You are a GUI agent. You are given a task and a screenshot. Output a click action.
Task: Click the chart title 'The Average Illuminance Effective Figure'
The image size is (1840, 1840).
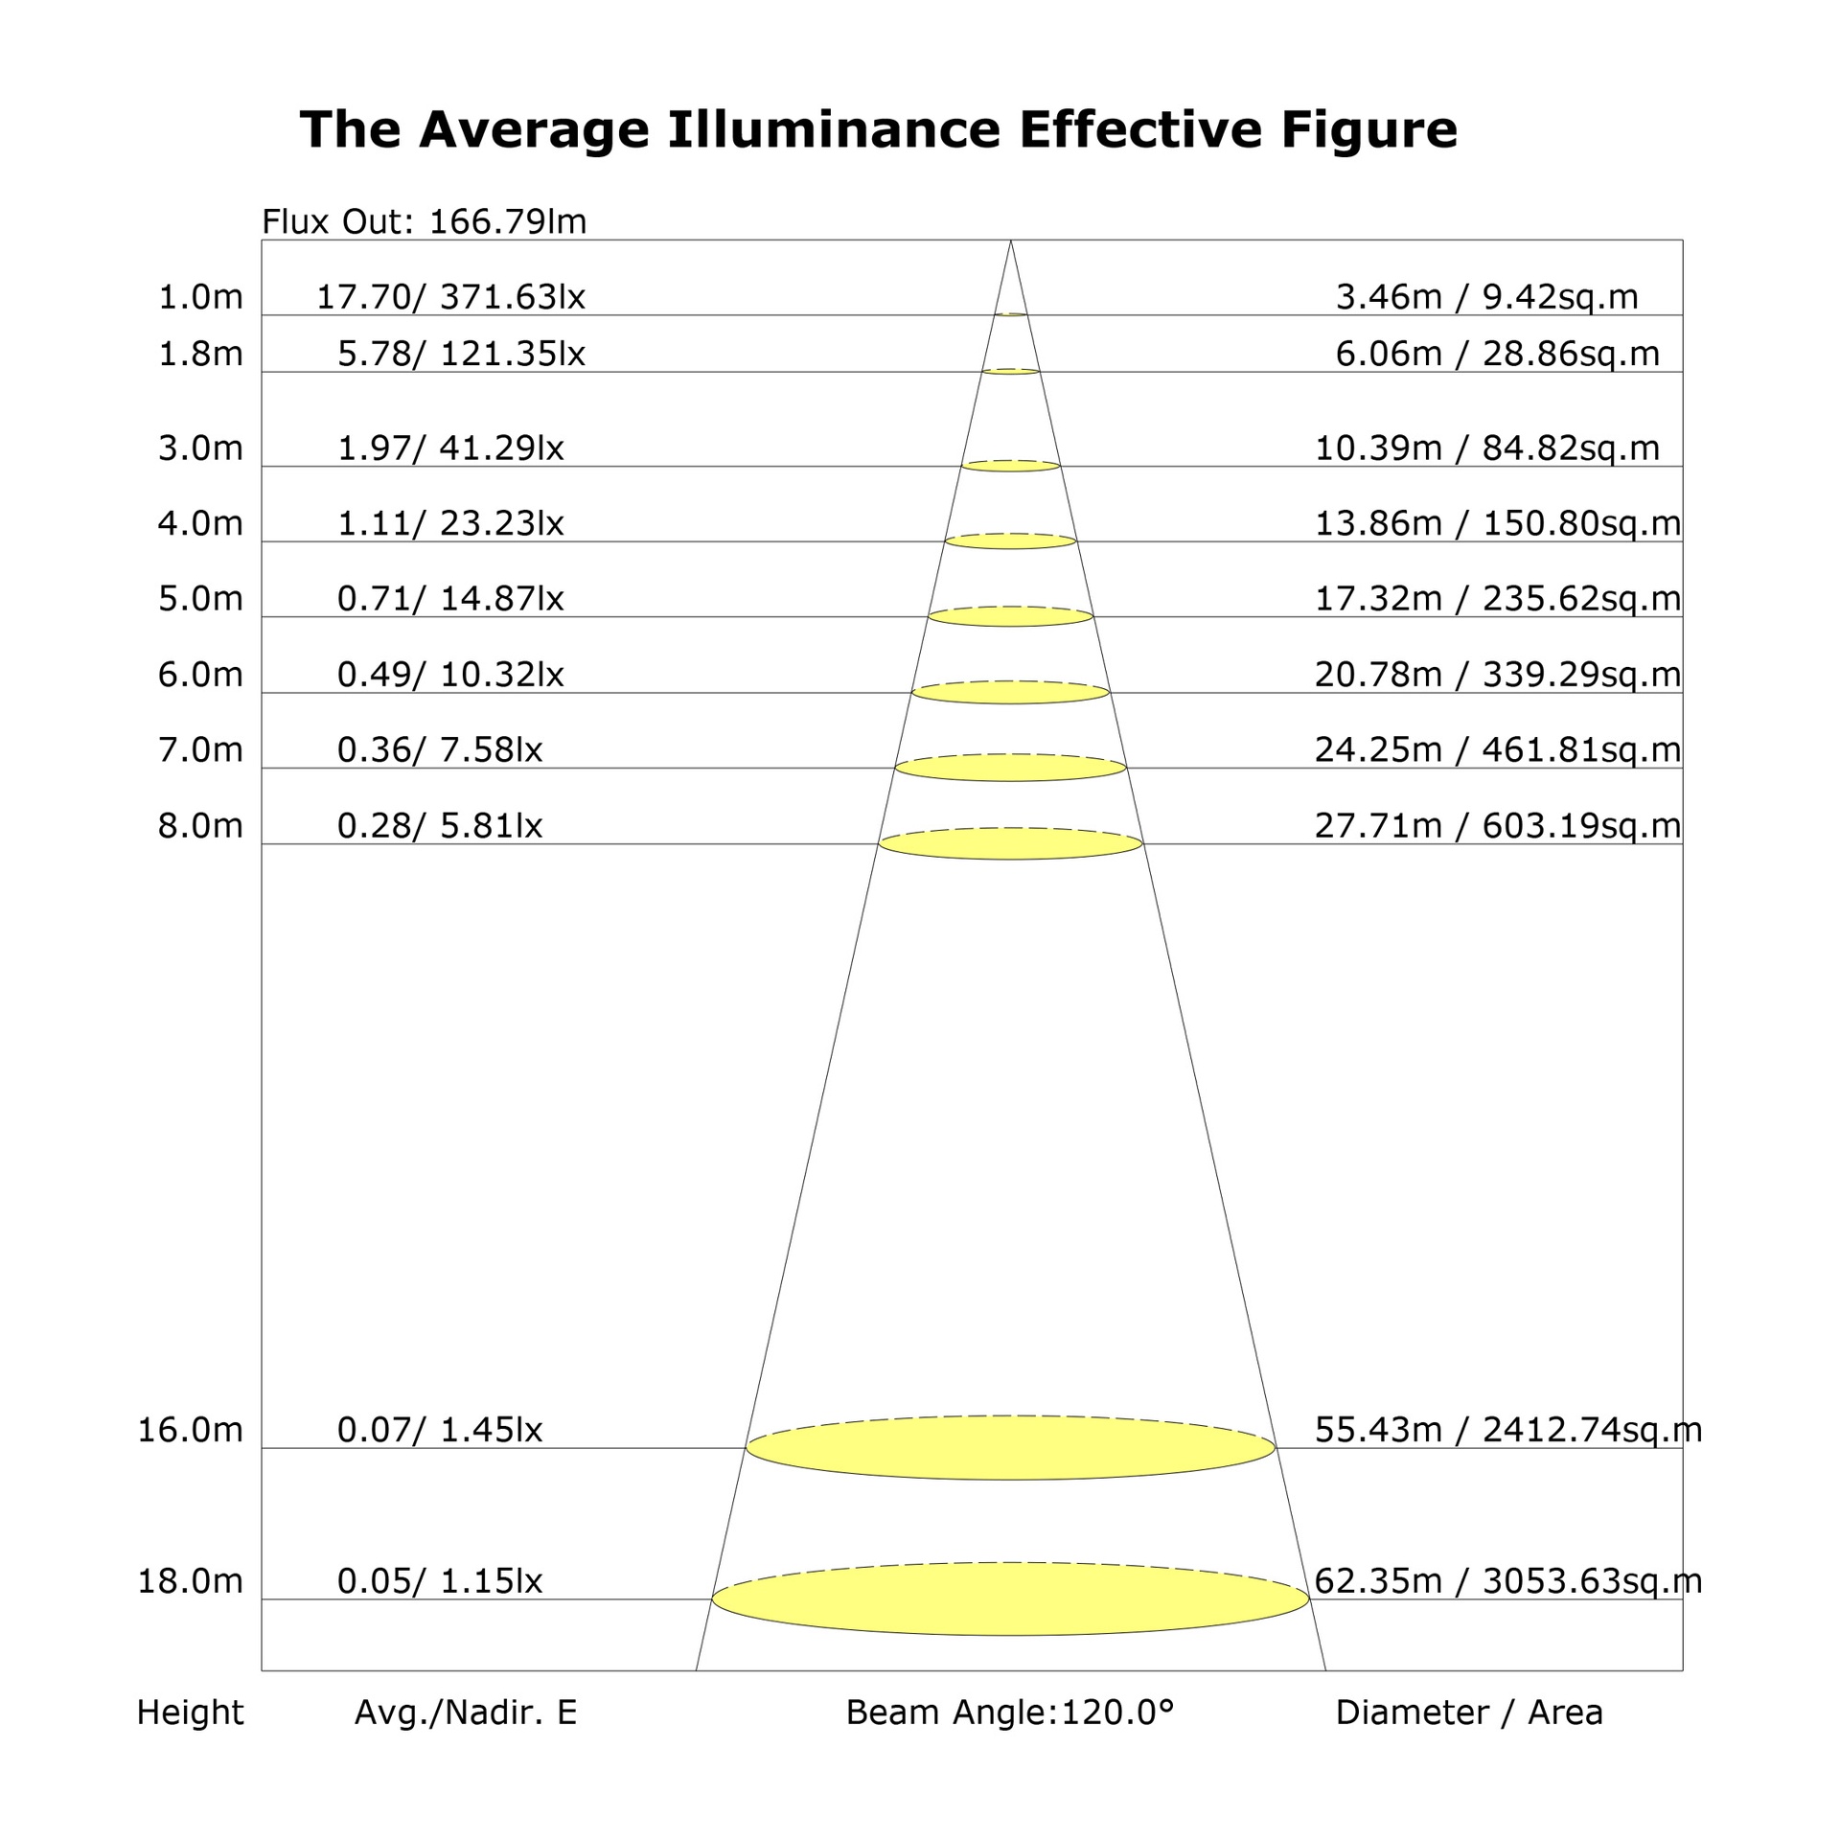878,129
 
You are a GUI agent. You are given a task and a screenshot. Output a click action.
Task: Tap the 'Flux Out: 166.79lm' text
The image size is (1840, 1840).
424,221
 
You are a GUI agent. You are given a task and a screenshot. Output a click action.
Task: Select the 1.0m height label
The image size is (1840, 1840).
200,297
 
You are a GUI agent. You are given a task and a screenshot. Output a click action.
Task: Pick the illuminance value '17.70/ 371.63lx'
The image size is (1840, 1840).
450,297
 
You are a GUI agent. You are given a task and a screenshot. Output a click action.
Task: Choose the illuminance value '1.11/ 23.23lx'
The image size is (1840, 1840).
450,523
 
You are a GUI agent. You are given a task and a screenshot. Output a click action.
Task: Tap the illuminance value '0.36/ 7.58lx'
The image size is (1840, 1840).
440,749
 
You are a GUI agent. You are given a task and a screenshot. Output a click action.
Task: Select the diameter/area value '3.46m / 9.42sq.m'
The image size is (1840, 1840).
1487,297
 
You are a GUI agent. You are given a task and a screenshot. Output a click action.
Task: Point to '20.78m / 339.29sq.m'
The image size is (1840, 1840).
1498,675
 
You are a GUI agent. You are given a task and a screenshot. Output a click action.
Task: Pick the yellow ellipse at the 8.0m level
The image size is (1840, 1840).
1010,843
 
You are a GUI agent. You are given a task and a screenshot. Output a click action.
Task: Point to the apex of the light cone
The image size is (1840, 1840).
1010,240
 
